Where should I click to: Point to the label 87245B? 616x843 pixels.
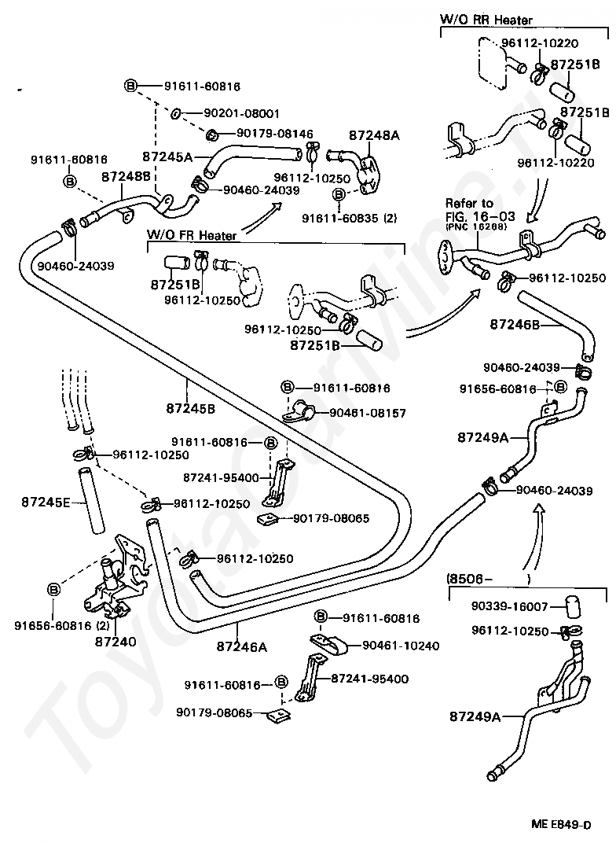(x=190, y=408)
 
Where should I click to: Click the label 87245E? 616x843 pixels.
(x=46, y=501)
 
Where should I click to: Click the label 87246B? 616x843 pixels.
(x=515, y=323)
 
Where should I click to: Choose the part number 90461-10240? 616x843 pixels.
(x=401, y=646)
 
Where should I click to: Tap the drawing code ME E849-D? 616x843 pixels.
(x=561, y=825)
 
